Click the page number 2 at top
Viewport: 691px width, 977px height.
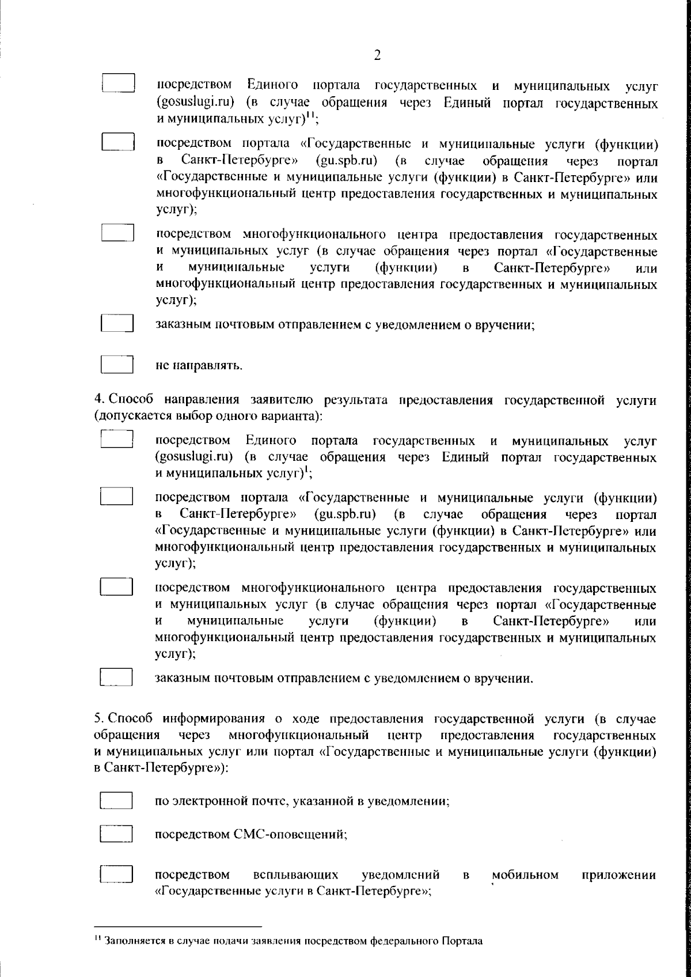click(377, 55)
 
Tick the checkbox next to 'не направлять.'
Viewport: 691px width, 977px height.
click(117, 365)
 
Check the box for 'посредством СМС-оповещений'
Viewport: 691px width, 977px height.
click(117, 834)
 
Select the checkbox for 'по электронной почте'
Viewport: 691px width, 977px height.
click(117, 801)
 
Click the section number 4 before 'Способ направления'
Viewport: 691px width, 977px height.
click(98, 399)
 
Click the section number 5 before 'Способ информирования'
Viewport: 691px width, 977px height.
click(98, 719)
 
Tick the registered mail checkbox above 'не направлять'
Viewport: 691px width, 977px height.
click(117, 323)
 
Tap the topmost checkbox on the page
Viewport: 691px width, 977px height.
click(119, 83)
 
